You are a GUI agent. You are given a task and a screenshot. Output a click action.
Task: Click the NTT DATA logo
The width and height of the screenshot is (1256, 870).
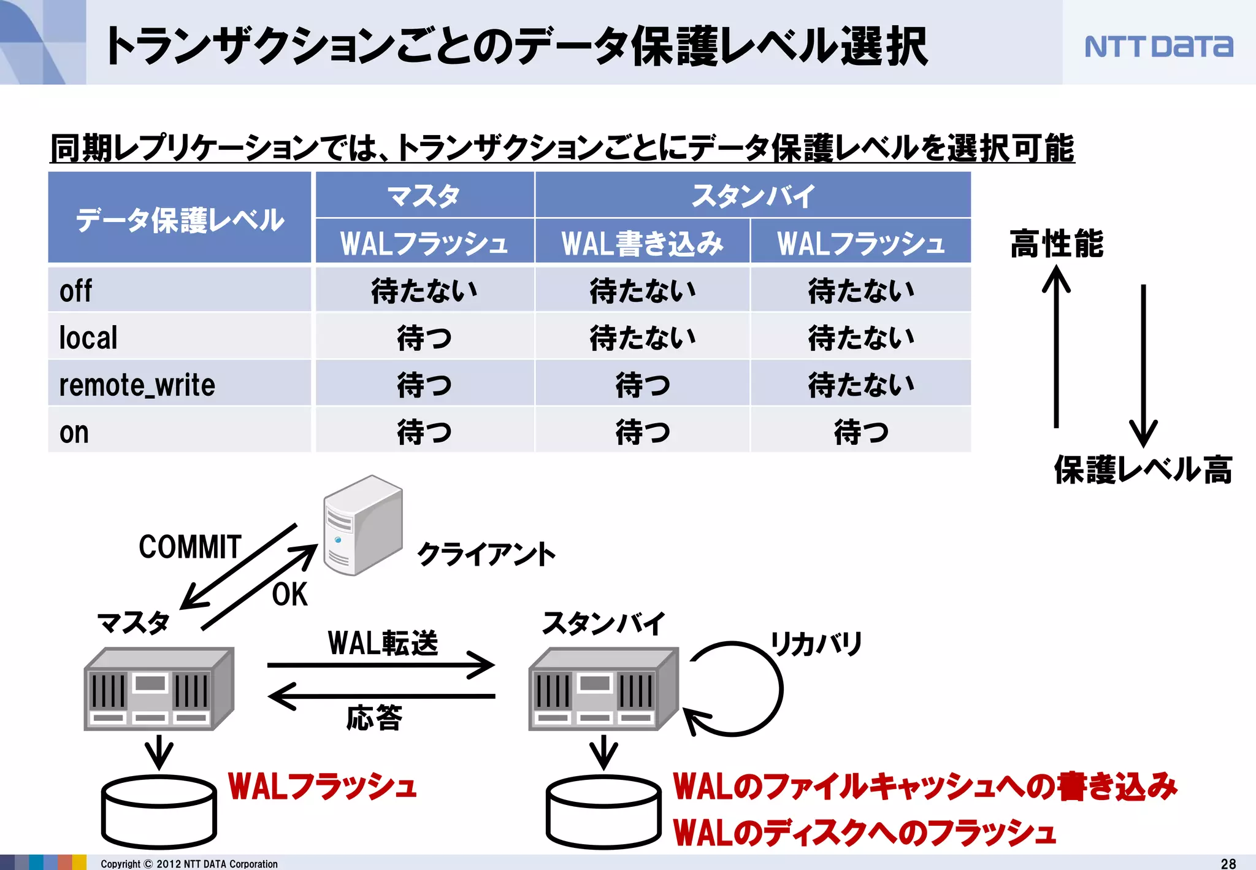1158,47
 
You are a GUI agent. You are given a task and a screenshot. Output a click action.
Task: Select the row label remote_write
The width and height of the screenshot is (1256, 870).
137,385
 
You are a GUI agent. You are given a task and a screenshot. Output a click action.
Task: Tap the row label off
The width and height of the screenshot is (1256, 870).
75,291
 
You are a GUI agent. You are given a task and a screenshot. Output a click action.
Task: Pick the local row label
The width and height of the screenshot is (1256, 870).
88,338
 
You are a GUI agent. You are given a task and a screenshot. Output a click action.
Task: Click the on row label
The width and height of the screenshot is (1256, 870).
74,433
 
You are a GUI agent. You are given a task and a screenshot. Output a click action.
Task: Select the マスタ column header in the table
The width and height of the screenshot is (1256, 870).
424,196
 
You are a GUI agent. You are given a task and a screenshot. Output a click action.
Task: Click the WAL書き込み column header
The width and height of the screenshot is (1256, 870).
642,243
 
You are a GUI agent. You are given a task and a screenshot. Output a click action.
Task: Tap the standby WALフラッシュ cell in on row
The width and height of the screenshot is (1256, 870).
860,433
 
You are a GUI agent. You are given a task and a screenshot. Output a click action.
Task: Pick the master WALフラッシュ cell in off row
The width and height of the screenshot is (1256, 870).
424,291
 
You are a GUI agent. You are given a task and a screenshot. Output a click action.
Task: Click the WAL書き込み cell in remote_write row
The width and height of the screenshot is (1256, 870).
642,385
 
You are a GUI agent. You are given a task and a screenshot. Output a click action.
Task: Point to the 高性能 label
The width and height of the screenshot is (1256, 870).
1056,244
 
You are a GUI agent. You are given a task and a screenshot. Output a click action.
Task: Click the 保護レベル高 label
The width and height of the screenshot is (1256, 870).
1143,470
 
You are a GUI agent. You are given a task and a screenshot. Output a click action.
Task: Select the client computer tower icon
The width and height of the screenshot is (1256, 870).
363,525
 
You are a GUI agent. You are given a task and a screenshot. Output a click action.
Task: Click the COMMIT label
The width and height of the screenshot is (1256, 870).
190,547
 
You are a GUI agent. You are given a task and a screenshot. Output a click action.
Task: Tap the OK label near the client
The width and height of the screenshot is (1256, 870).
289,595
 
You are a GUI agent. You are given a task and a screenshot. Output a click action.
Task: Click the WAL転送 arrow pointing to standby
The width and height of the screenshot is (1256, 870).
380,665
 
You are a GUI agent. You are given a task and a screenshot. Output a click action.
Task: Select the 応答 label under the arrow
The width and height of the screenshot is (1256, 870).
374,717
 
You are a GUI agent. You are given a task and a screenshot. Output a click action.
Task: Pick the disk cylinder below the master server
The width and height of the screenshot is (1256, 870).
159,812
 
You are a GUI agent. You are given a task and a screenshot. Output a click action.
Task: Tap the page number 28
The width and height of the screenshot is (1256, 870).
1228,863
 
